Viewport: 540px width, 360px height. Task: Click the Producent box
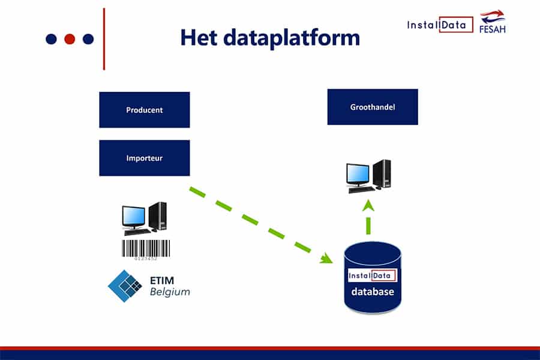[x=144, y=110]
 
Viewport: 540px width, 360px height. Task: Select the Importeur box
[x=144, y=158]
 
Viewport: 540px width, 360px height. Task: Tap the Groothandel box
[x=372, y=107]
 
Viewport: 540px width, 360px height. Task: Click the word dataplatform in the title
[x=292, y=38]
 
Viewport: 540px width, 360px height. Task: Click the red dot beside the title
[x=70, y=39]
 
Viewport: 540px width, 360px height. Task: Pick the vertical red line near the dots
[x=104, y=39]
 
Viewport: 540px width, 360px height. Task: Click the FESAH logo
[x=493, y=22]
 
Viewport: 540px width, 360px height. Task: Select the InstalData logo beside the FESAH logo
[x=440, y=25]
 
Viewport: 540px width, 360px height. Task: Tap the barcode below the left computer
[x=146, y=248]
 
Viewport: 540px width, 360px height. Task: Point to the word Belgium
[x=169, y=292]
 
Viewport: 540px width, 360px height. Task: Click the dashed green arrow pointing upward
[x=368, y=217]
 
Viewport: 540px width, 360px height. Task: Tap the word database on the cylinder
[x=373, y=292]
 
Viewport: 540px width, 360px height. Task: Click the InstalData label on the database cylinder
[x=373, y=276]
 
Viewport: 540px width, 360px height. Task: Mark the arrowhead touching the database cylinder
[x=327, y=259]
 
